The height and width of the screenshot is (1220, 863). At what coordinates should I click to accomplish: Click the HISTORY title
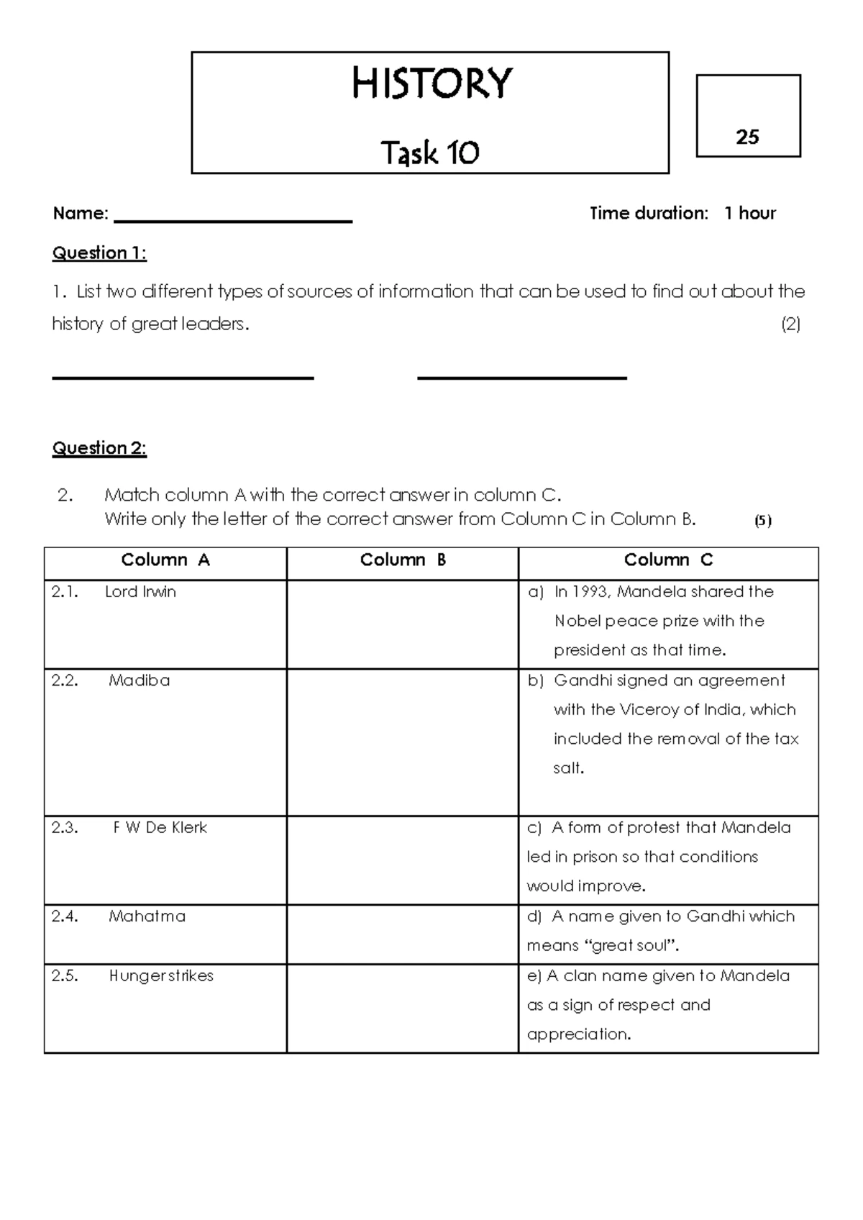[431, 83]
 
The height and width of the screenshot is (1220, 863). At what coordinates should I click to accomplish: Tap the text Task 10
[430, 152]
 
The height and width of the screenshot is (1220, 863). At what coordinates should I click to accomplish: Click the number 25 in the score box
[747, 137]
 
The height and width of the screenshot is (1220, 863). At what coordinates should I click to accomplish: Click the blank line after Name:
[233, 219]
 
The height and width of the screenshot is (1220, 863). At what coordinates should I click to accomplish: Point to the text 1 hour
[749, 214]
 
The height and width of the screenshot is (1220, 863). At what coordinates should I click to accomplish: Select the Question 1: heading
[99, 253]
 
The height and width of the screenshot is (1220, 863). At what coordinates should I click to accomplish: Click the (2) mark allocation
[790, 324]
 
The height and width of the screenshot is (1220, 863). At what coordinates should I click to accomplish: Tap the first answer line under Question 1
[183, 376]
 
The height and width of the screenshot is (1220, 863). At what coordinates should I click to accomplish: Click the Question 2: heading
[99, 448]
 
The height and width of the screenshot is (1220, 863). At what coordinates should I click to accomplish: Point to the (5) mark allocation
[762, 521]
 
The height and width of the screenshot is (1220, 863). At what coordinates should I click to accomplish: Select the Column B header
[403, 560]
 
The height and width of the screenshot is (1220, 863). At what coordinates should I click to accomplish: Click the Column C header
[668, 560]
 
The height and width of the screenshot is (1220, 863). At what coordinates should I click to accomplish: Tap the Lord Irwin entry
[140, 592]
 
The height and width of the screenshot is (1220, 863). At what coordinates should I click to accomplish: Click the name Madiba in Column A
[140, 680]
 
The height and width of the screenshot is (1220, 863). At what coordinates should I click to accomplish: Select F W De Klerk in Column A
[160, 828]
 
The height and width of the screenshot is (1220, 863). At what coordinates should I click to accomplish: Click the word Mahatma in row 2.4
[147, 916]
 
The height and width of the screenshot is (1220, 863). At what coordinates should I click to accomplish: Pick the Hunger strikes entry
[161, 976]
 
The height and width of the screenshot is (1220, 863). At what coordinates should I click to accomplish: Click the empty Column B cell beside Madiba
[402, 742]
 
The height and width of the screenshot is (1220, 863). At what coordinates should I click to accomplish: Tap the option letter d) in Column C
[534, 916]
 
